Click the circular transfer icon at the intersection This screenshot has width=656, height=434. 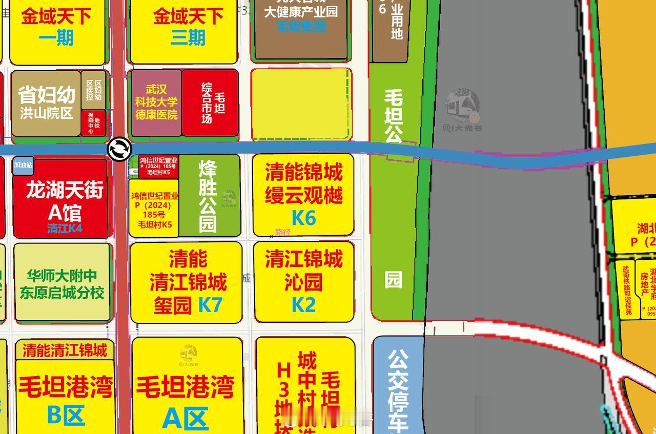click(x=119, y=149)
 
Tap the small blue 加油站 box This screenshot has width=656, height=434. click(x=23, y=165)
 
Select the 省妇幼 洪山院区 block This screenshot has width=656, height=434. click(x=46, y=103)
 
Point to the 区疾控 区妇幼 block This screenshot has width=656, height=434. click(x=93, y=90)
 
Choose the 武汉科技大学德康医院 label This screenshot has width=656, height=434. click(x=156, y=102)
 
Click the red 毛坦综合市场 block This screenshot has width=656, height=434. click(x=210, y=102)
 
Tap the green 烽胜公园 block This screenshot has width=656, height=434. click(x=209, y=195)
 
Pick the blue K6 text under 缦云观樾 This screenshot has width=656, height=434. click(x=303, y=218)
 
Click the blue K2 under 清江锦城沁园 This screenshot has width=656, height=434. click(x=303, y=305)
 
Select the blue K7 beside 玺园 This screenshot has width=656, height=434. click(x=210, y=305)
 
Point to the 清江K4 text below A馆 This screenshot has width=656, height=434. click(x=65, y=229)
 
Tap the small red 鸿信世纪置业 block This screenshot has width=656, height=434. click(x=158, y=167)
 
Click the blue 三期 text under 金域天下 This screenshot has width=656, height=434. click(x=188, y=37)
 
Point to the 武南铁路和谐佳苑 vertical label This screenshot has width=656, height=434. click(x=627, y=290)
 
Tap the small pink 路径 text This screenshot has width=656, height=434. click(x=282, y=232)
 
